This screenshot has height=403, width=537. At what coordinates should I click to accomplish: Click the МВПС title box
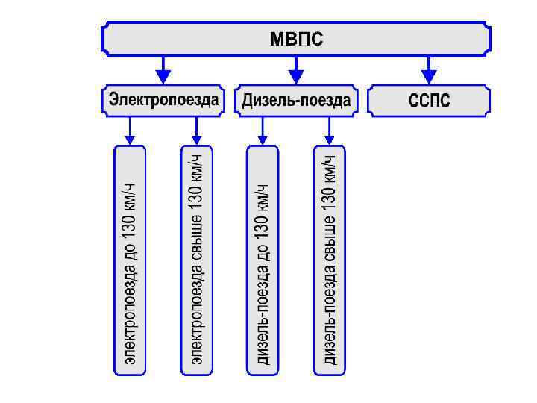coord(296,38)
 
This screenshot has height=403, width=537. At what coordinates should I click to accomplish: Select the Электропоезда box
coord(164,101)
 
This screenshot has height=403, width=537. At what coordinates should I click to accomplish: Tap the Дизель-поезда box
coord(296,101)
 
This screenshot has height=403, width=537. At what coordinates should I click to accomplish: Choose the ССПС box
coord(430,101)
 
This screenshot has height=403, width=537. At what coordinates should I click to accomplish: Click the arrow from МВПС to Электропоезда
coord(163,72)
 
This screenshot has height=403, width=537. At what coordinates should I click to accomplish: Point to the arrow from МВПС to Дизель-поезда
coord(296,72)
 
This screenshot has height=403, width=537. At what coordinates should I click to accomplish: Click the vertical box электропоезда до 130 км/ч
coord(130,259)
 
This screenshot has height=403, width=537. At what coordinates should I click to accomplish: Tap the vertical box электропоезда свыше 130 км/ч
coord(196,259)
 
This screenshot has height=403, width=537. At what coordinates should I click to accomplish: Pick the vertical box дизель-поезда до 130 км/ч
coord(263,259)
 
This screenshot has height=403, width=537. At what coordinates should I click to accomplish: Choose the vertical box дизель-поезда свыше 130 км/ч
coord(329,259)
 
